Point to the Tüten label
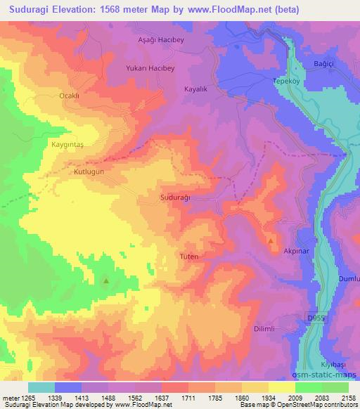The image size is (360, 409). click(x=190, y=257)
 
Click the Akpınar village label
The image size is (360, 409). click(x=297, y=250)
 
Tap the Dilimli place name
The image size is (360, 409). click(x=267, y=328)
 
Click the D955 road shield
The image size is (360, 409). click(x=316, y=317)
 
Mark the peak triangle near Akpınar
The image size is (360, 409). click(x=271, y=242)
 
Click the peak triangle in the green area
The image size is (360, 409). click(x=106, y=281)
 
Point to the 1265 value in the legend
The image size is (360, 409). click(x=29, y=397)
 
